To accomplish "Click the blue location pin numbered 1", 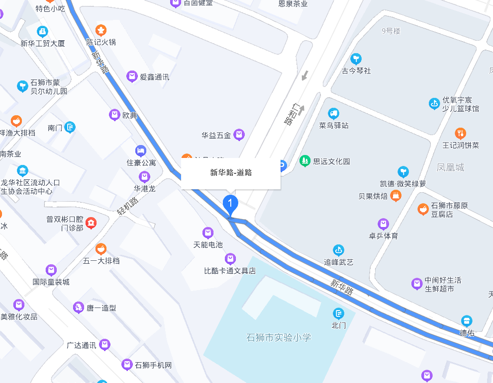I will click(230, 203).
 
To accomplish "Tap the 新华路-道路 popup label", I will click(231, 173).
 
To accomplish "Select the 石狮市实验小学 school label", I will click(279, 338).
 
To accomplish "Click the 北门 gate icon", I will click(339, 313).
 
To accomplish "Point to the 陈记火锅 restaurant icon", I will click(101, 30).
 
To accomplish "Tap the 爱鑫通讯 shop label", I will click(154, 77).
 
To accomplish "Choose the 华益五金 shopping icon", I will click(239, 134).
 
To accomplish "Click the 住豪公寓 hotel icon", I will click(141, 151).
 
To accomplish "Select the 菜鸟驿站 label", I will click(334, 125).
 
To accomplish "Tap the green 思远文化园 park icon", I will click(304, 161).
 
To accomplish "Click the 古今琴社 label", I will click(356, 71).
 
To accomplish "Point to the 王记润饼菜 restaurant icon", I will click(461, 133).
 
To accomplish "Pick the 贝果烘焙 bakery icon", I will click(396, 195).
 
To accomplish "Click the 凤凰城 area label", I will click(450, 167).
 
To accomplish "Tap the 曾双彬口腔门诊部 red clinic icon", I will click(91, 223).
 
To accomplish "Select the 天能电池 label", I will click(208, 245).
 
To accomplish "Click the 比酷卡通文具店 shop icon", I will click(230, 258).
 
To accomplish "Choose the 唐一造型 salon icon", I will click(78, 307).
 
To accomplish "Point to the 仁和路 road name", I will click(292, 114).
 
